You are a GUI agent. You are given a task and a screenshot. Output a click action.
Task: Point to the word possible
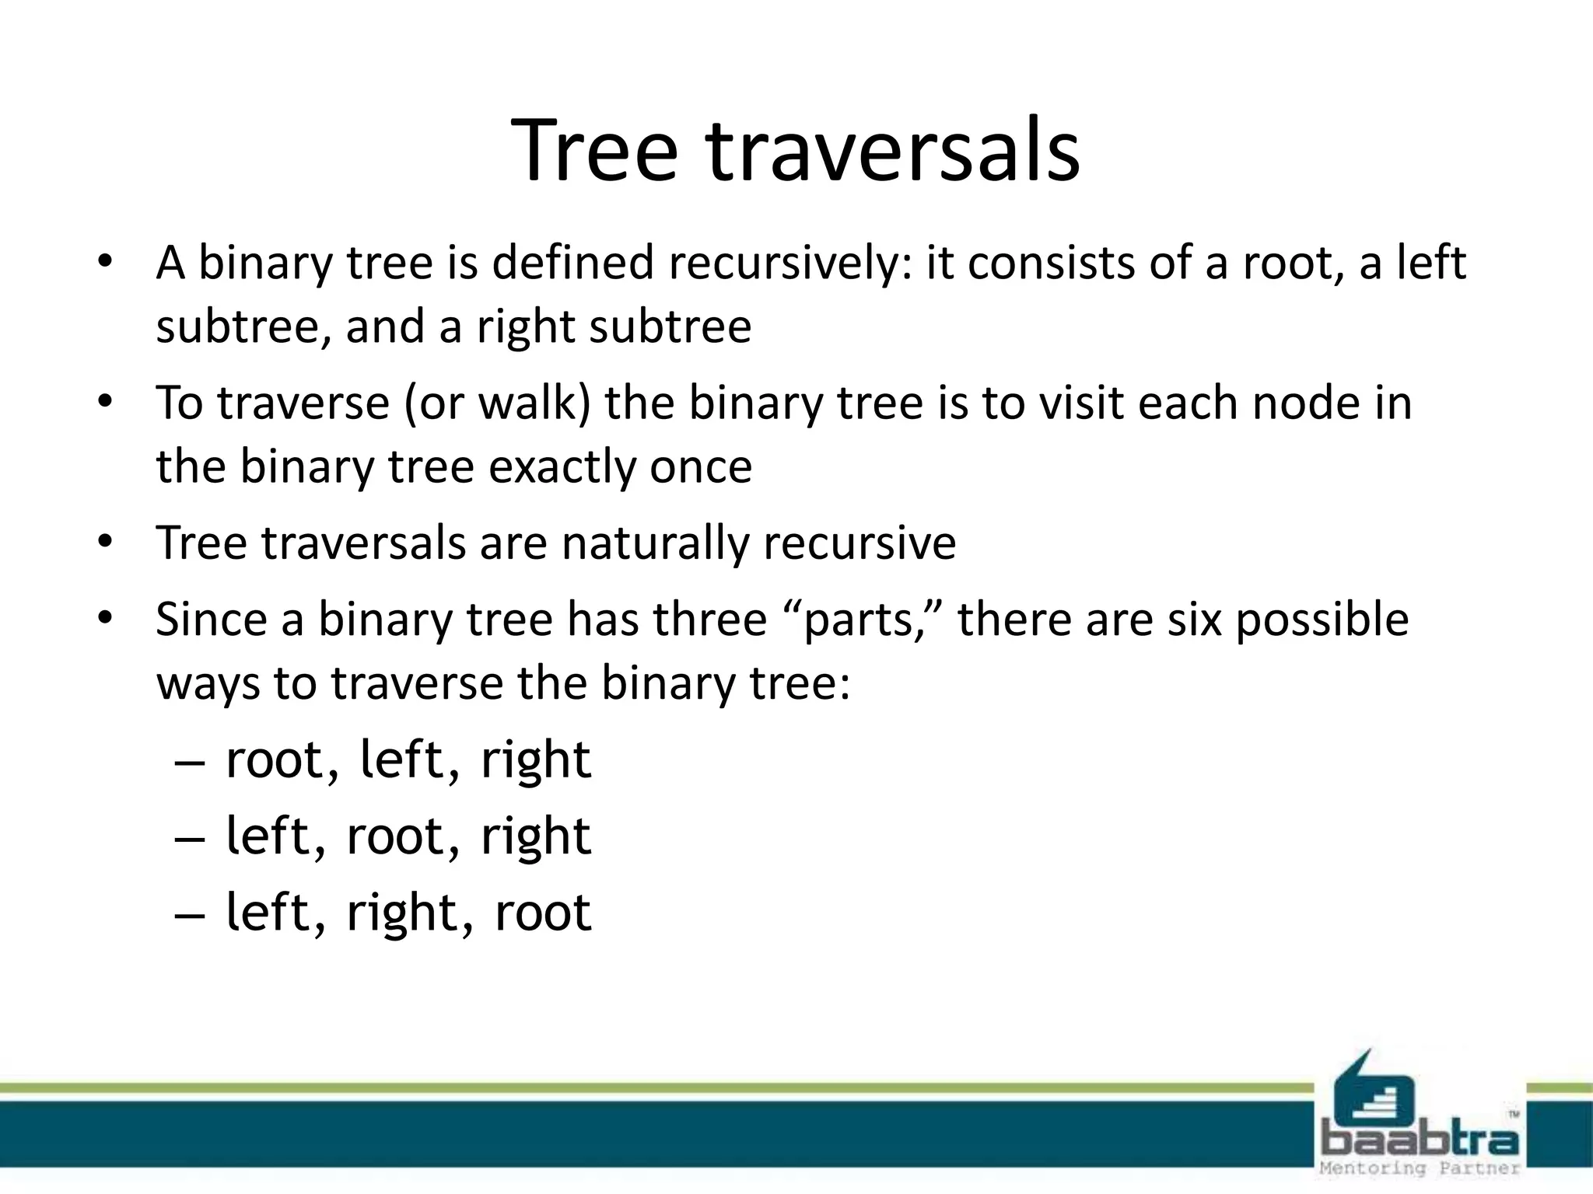(x=1322, y=620)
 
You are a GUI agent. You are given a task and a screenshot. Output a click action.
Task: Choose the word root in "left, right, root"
(x=542, y=913)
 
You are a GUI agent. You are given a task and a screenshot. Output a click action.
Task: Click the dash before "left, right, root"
(x=190, y=915)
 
